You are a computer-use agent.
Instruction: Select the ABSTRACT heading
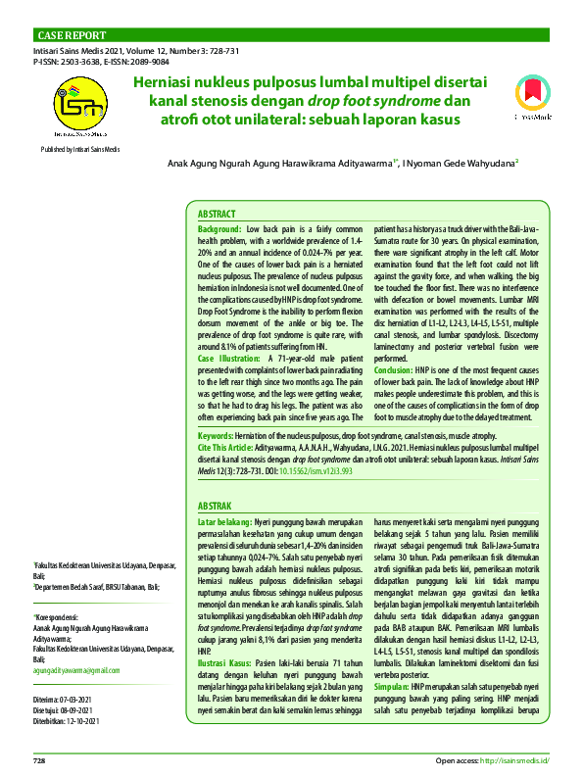(x=217, y=213)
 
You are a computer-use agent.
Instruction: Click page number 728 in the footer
(x=40, y=760)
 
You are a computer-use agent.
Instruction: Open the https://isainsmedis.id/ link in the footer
(x=514, y=760)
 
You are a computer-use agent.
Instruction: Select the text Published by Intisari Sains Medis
(x=80, y=148)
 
